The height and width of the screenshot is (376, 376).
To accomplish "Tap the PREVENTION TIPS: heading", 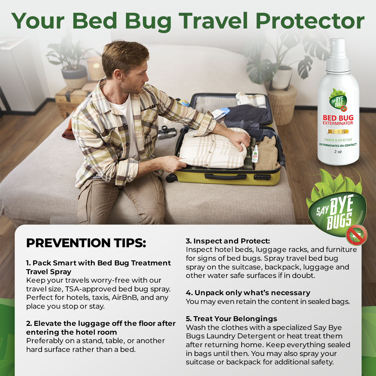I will point(86,243).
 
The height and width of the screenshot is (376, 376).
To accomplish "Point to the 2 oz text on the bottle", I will point(338,152).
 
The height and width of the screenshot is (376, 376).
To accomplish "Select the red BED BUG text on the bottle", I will point(338,118).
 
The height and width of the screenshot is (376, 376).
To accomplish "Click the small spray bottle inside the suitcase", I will point(255,154).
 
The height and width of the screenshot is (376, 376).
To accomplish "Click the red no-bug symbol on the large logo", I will point(357,234).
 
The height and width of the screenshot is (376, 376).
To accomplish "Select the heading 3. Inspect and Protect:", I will point(228,241).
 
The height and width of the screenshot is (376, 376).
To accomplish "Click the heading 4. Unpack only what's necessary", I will point(248,293).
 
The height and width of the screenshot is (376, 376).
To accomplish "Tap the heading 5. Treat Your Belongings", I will point(232,319).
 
